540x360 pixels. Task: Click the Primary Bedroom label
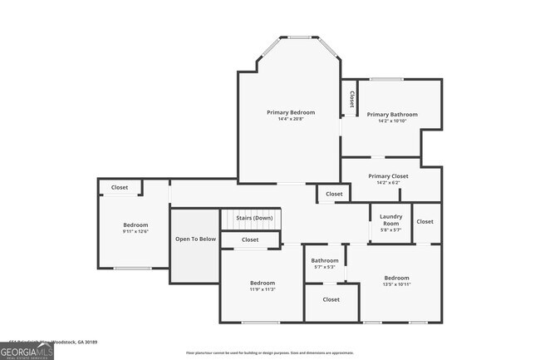(291, 112)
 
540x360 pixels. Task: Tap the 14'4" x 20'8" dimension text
(291, 120)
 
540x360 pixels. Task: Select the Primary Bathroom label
(392, 115)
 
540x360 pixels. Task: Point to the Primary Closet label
(389, 176)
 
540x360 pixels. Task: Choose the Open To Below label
(195, 239)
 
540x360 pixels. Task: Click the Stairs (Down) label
(254, 218)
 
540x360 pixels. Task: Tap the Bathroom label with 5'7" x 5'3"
(325, 260)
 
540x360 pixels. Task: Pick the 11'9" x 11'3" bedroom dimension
(262, 289)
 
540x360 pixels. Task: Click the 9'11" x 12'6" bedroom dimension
(135, 232)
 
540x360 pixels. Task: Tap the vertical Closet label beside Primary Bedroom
(351, 100)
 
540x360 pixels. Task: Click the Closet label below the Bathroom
(331, 299)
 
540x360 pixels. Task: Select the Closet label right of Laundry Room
(425, 222)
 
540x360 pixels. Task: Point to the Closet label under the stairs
(250, 239)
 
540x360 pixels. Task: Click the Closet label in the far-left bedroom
(120, 188)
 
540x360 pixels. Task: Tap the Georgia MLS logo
(27, 351)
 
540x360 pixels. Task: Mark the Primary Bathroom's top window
(385, 79)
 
